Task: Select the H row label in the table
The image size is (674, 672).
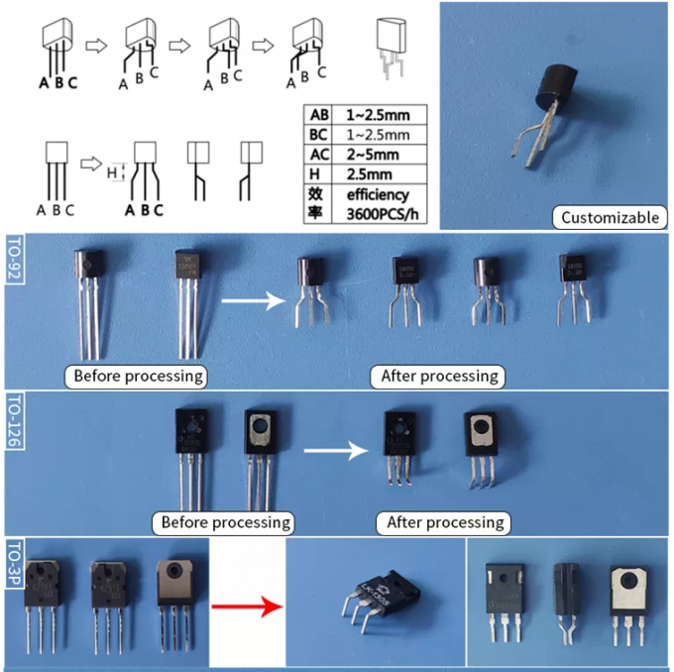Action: click(x=319, y=173)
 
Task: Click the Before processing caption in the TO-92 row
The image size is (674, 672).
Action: click(x=138, y=377)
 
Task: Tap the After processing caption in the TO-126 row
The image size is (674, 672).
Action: click(x=445, y=521)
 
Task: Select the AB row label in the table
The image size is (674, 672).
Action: click(x=319, y=114)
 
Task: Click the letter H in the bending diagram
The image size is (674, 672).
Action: click(x=112, y=172)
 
